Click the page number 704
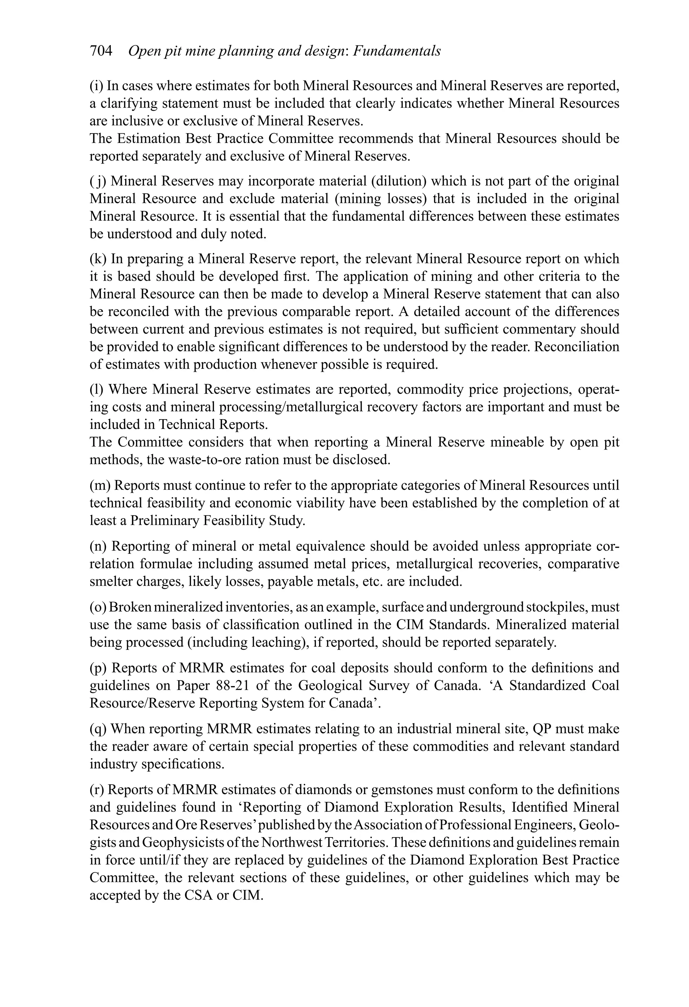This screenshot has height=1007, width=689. (x=101, y=51)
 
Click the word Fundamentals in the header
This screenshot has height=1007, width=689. (x=397, y=51)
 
